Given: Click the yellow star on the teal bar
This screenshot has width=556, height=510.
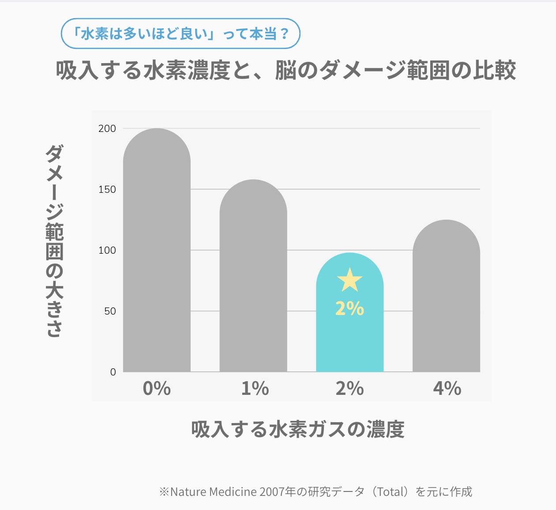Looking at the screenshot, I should [349, 280].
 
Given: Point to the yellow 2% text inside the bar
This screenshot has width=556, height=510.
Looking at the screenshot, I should [349, 309].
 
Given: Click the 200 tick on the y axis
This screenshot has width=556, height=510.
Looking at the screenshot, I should [107, 129].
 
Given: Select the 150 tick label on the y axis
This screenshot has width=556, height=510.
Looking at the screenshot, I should [107, 190].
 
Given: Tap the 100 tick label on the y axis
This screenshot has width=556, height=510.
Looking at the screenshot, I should [107, 251].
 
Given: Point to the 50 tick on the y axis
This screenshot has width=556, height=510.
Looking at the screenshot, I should [110, 311].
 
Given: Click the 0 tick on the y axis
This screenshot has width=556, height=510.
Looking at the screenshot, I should [113, 372].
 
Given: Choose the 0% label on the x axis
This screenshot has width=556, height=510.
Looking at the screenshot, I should [157, 389].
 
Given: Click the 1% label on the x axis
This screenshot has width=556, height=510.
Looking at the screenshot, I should [255, 389].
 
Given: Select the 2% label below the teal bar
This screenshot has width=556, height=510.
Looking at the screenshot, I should [349, 389].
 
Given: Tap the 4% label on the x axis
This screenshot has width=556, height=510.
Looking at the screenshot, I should [447, 389].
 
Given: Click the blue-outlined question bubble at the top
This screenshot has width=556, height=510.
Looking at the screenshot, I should [180, 34].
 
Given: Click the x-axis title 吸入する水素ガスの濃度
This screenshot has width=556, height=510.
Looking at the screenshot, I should [298, 429].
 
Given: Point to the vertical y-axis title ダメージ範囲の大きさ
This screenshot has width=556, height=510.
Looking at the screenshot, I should [55, 240].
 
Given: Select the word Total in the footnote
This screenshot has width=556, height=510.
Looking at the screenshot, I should [389, 492].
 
